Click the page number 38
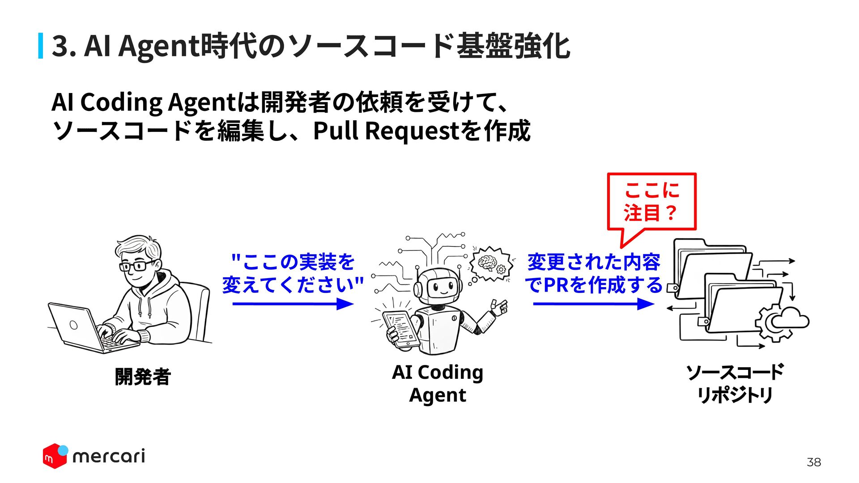click(x=813, y=462)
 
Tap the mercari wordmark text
click(x=109, y=456)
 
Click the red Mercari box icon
click(x=55, y=457)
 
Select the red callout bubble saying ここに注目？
click(x=651, y=202)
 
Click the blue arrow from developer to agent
click(x=293, y=304)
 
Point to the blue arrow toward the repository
click(x=594, y=304)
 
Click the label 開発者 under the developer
click(x=143, y=377)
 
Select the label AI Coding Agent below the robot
click(x=438, y=384)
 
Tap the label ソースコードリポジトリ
click(x=735, y=384)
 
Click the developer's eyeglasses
click(x=137, y=266)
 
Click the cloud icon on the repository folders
click(x=790, y=318)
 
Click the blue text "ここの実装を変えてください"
click(x=293, y=273)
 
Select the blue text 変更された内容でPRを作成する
click(x=594, y=273)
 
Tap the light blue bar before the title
click(x=41, y=46)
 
